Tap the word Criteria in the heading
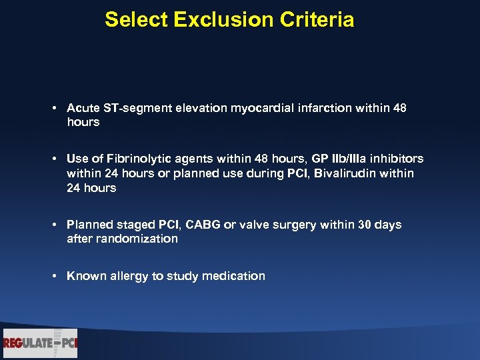[315, 20]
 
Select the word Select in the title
[136, 20]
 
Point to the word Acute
[82, 108]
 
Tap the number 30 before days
[365, 225]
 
